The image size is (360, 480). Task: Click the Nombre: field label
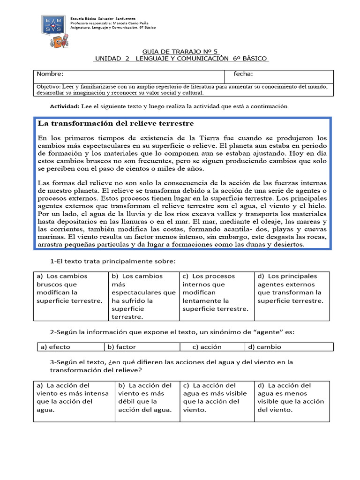[x=50, y=74]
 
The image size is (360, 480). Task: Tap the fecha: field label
[x=243, y=74]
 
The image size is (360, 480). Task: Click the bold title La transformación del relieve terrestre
[x=116, y=124]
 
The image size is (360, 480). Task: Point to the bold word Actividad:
[x=65, y=106]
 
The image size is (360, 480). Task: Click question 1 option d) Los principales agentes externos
[x=290, y=288]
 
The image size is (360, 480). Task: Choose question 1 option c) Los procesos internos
[x=215, y=292]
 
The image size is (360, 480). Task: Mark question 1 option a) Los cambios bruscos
[x=69, y=288]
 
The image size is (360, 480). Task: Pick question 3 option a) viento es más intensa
[x=72, y=397]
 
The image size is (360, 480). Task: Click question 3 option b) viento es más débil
[x=145, y=397]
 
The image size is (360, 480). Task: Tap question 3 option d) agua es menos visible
[x=291, y=397]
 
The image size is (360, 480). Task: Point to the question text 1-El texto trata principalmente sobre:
[x=112, y=261]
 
